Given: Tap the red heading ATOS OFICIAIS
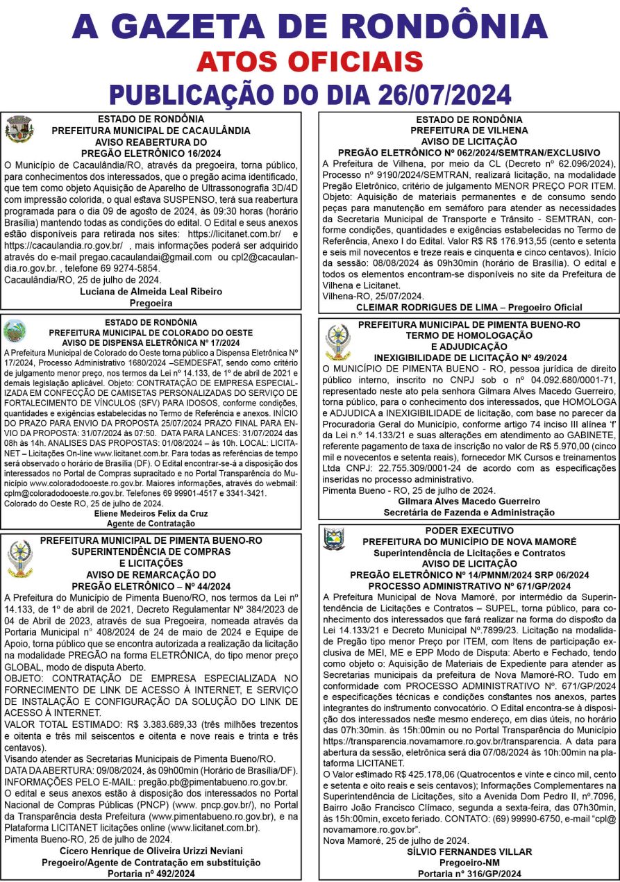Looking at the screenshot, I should pos(310,62).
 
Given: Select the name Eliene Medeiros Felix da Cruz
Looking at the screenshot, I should pos(151,513).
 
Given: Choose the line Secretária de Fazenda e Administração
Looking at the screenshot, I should pos(469,513).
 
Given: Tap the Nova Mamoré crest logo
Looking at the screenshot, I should pos(334,539).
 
